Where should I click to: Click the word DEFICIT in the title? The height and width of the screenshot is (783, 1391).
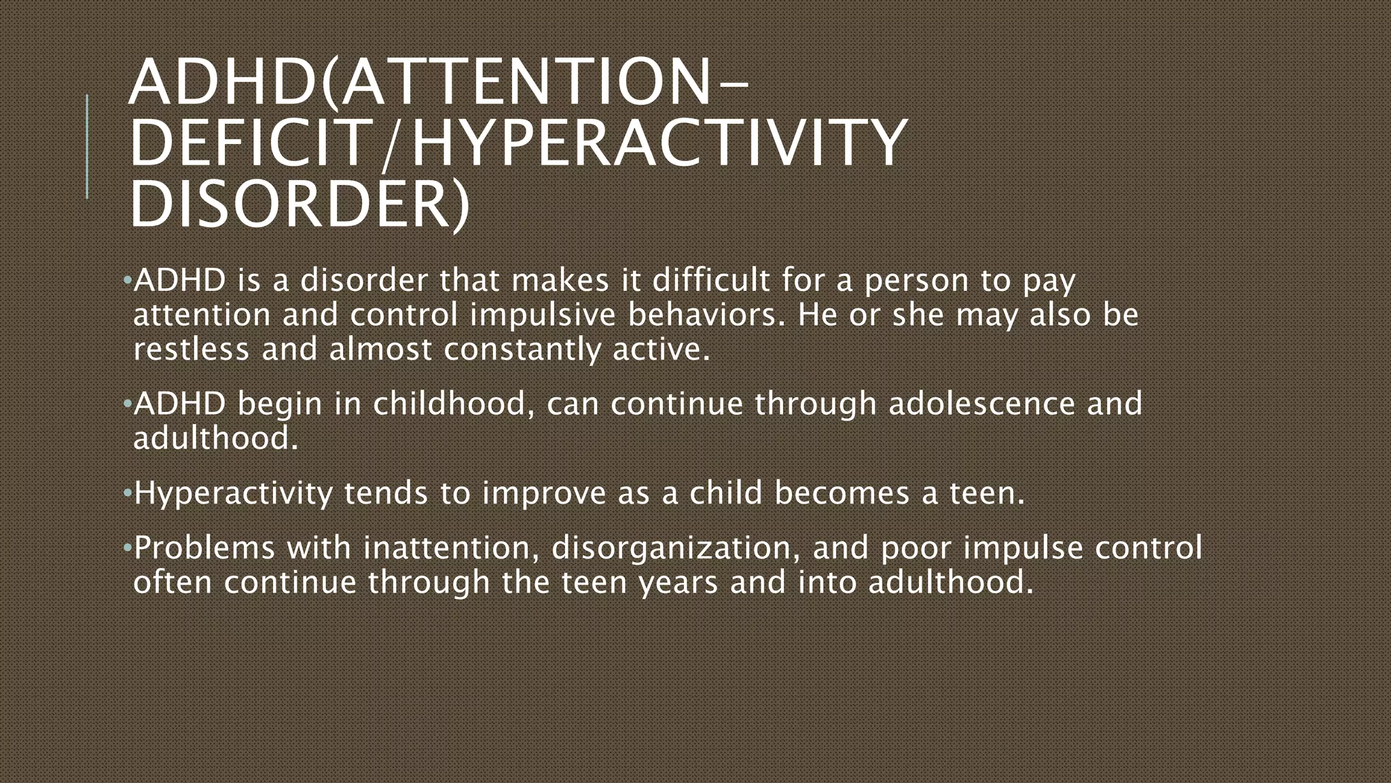click(x=249, y=142)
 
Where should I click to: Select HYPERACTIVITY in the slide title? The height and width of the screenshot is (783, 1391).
click(x=659, y=142)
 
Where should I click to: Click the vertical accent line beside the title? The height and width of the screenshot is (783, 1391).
click(x=87, y=146)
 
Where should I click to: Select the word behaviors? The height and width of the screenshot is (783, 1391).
click(x=706, y=315)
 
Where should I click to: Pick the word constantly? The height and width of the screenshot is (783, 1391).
click(x=522, y=350)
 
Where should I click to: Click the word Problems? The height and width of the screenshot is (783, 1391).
click(x=204, y=549)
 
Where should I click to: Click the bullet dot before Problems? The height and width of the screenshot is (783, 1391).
click(x=127, y=547)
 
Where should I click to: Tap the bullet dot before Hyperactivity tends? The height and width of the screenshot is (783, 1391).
click(x=127, y=492)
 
